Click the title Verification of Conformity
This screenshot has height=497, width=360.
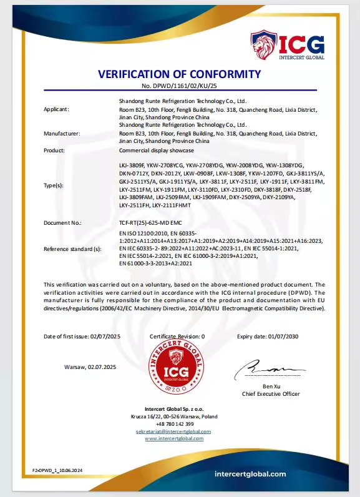[x=179, y=74]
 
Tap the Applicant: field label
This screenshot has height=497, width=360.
[x=57, y=109]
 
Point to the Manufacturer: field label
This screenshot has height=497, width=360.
[x=61, y=134]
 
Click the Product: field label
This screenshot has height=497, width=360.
[x=54, y=150]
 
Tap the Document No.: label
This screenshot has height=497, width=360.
[x=62, y=223]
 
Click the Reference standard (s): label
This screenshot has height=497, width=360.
[x=72, y=249]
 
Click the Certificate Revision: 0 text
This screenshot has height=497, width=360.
[x=177, y=337]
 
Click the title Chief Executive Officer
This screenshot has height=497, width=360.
[x=271, y=394]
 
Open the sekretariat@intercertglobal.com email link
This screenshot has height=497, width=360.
[x=173, y=431]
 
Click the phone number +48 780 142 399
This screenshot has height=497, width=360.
[x=173, y=424]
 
